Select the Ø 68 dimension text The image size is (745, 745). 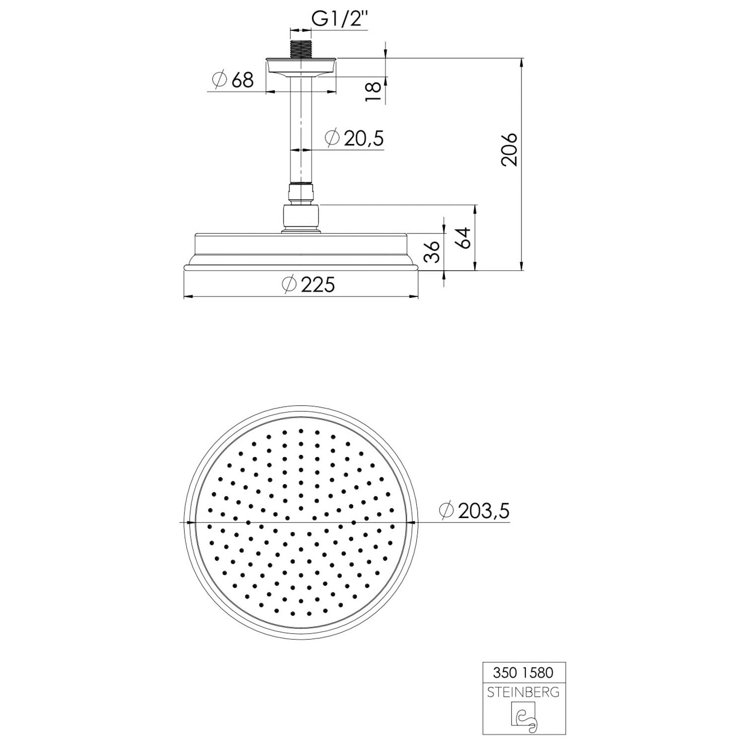pyautogui.click(x=232, y=79)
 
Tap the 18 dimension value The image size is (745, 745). pyautogui.click(x=373, y=92)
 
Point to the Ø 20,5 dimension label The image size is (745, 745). pyautogui.click(x=355, y=138)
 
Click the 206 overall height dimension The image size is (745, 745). pyautogui.click(x=510, y=149)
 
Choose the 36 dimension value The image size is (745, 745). pyautogui.click(x=432, y=252)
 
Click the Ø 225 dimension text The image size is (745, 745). pyautogui.click(x=308, y=285)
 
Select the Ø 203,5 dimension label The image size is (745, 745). pyautogui.click(x=475, y=510)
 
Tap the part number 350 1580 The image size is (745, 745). pyautogui.click(x=523, y=672)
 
